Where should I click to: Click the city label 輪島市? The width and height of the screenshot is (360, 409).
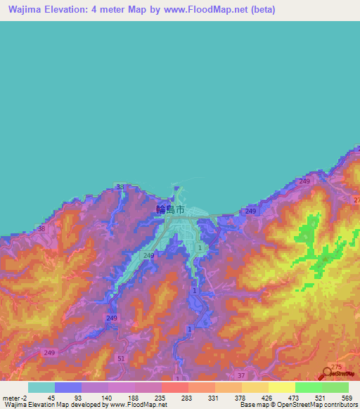coord(170,209)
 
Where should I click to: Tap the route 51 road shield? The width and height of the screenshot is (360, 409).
coord(121,359)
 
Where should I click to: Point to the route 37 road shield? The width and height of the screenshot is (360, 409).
coord(241,376)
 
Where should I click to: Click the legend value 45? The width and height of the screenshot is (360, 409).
coord(51,397)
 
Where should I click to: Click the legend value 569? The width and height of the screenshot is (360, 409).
coord(345,397)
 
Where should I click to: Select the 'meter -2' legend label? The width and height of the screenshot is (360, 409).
coord(14,397)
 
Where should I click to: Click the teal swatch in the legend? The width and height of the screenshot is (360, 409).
coord(41,387)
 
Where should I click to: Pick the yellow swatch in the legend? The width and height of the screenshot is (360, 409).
coord(281,387)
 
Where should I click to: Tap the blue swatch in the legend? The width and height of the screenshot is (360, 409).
coord(67,387)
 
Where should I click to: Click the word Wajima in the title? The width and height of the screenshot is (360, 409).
coord(25,10)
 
